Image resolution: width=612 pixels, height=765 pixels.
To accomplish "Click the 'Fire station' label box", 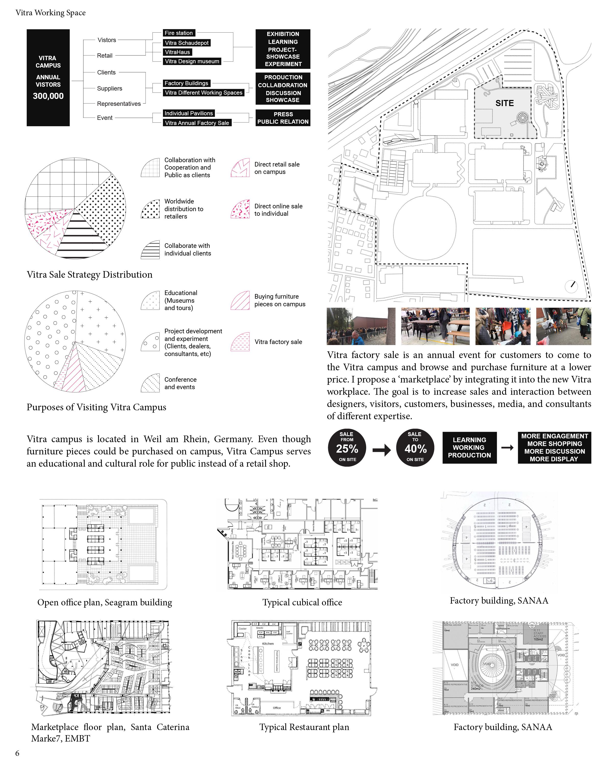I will pos(178,33).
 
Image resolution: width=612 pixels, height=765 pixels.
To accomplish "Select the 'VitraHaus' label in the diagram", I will pos(177,52).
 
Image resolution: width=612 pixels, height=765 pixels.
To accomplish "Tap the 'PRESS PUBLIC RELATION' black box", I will pos(283,118).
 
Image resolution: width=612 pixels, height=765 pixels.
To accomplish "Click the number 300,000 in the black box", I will pos(48,96).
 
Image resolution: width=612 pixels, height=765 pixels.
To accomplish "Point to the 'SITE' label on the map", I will pos(504,103).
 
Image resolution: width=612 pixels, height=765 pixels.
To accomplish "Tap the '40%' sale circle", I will pos(415,448).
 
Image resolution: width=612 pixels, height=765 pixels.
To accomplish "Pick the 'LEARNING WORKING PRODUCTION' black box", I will pos(469,448).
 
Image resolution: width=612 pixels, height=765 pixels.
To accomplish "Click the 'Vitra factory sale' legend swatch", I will pos(240,342).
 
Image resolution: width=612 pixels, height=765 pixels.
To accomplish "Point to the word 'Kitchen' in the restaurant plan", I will pos(268,643).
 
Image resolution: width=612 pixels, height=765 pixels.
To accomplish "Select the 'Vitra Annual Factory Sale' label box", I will pos(197,123).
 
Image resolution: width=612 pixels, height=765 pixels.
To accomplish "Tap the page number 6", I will pos(17,753).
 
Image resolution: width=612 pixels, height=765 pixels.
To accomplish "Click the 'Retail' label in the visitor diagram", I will pos(105,55).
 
